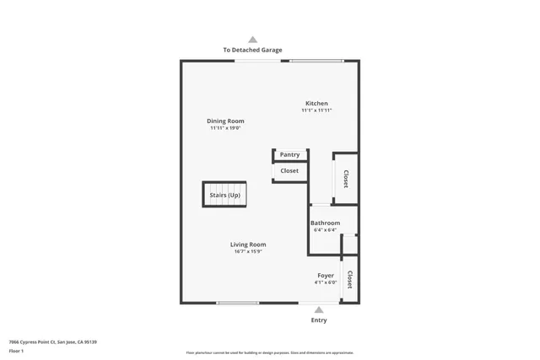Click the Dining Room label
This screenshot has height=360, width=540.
pyautogui.click(x=225, y=121)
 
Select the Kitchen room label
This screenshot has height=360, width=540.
pyautogui.click(x=316, y=104)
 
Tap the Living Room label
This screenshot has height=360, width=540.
pyautogui.click(x=248, y=244)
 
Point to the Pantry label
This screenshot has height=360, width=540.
pyautogui.click(x=289, y=155)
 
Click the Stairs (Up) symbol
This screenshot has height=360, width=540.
pyautogui.click(x=224, y=195)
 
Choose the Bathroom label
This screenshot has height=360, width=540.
pyautogui.click(x=325, y=223)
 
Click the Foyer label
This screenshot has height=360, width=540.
pyautogui.click(x=326, y=276)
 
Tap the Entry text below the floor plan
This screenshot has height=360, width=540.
pyautogui.click(x=319, y=320)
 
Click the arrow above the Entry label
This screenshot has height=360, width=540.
pyautogui.click(x=319, y=310)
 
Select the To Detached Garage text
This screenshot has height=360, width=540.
pyautogui.click(x=252, y=50)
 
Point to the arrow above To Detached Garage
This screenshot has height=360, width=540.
pyautogui.click(x=252, y=40)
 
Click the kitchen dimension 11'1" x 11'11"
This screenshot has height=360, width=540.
pyautogui.click(x=316, y=110)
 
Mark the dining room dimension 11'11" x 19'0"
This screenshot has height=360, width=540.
pyautogui.click(x=225, y=128)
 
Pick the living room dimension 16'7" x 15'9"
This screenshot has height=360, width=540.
pyautogui.click(x=248, y=251)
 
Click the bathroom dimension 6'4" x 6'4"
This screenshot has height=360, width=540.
pyautogui.click(x=325, y=230)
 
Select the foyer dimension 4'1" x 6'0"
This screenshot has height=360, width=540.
pyautogui.click(x=326, y=282)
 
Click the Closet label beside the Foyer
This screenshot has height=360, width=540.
pyautogui.click(x=349, y=280)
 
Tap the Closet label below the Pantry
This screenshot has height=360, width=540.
pyautogui.click(x=289, y=171)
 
